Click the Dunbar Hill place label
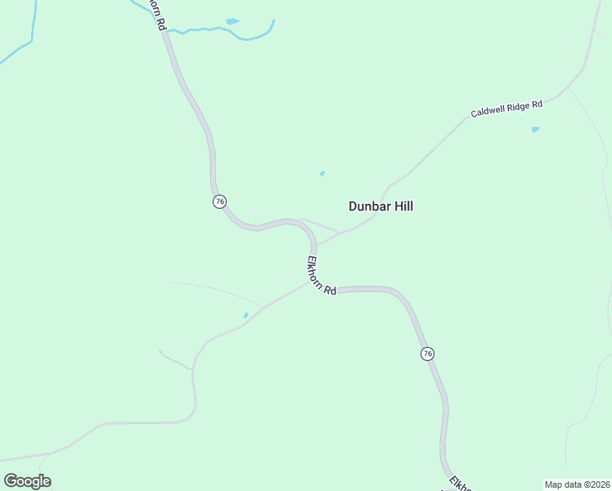[380, 206]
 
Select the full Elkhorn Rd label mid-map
[322, 277]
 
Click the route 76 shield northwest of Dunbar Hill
[219, 201]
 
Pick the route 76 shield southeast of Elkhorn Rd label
[427, 354]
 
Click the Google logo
[27, 480]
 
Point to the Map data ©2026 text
[577, 484]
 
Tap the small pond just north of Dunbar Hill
[322, 173]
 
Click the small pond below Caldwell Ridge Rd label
[535, 129]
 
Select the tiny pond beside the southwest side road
[245, 315]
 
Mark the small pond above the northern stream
[232, 21]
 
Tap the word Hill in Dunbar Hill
[403, 206]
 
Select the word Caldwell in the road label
[489, 113]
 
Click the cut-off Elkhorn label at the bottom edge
[461, 483]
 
